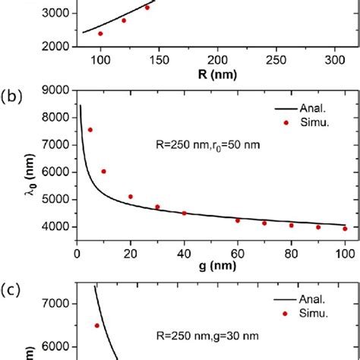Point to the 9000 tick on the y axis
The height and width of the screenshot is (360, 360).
tap(55, 90)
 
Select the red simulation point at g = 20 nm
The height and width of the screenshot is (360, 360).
tap(131, 197)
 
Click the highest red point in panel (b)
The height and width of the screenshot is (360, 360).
tap(90, 130)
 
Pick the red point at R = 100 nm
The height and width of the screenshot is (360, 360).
tap(100, 33)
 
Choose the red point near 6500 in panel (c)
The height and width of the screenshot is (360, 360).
tap(96, 325)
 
